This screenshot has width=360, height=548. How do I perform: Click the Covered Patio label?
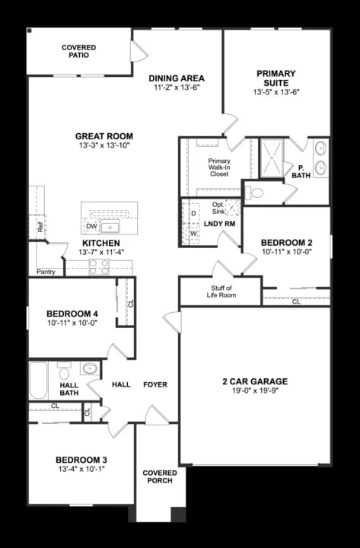78,51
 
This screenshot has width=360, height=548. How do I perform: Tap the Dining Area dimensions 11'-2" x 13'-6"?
177,88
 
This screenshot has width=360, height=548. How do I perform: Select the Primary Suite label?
276,78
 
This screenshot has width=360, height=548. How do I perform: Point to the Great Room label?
104,136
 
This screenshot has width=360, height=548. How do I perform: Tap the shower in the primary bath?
270,158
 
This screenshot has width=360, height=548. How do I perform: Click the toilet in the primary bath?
255,193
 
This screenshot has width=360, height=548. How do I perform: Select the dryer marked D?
193,213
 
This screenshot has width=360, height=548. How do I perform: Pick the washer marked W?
193,233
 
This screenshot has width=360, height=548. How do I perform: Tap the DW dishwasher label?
91,227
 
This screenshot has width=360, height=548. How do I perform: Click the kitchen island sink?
112,226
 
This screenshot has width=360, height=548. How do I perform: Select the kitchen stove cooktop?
100,266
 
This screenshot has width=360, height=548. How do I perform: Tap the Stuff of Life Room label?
209,292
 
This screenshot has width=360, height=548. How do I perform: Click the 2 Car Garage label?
254,381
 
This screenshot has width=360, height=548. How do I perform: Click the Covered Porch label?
160,477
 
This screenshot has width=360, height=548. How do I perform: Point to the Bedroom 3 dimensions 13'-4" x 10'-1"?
81,470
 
